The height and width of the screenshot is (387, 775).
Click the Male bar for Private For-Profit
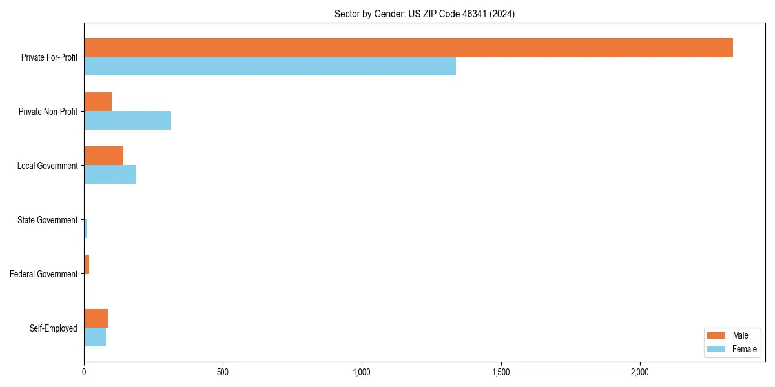point(408,48)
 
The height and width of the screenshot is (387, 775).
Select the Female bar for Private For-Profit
point(270,66)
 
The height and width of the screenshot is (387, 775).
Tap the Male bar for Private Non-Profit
point(98,102)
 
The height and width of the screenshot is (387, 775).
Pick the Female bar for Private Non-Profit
point(127,121)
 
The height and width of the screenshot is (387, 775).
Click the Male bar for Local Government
point(103,156)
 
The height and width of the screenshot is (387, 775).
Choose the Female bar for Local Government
point(110,175)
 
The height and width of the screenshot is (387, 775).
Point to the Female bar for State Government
point(85,229)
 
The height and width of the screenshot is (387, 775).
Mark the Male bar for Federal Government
point(87,264)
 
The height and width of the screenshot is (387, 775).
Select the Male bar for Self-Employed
point(96,319)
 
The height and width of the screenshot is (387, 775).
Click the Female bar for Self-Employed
point(95,337)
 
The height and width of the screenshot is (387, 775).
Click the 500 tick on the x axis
point(223,372)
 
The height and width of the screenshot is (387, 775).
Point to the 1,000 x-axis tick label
point(362,372)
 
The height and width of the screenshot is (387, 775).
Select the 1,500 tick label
point(501,372)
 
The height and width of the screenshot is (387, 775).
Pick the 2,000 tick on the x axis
point(640,372)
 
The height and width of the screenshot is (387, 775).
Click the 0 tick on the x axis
point(84,372)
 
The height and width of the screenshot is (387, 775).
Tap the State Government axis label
point(47,220)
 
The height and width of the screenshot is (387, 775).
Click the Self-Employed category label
point(53,328)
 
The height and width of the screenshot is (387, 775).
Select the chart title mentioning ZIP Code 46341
point(424,14)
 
